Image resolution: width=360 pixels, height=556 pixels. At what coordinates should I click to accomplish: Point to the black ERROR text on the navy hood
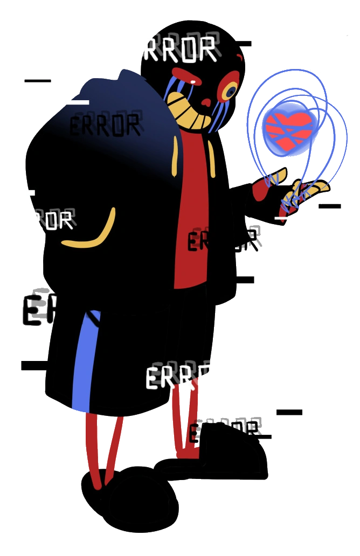click(105, 126)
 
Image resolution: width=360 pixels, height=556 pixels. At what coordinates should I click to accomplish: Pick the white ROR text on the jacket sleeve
click(54, 220)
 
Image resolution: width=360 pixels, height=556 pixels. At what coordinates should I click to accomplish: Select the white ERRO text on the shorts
click(178, 377)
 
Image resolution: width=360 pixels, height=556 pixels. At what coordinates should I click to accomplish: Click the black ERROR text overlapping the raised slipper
click(224, 431)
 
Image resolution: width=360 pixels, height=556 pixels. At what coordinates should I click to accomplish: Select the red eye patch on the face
click(189, 75)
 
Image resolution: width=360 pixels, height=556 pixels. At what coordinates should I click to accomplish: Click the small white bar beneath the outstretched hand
click(283, 218)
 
